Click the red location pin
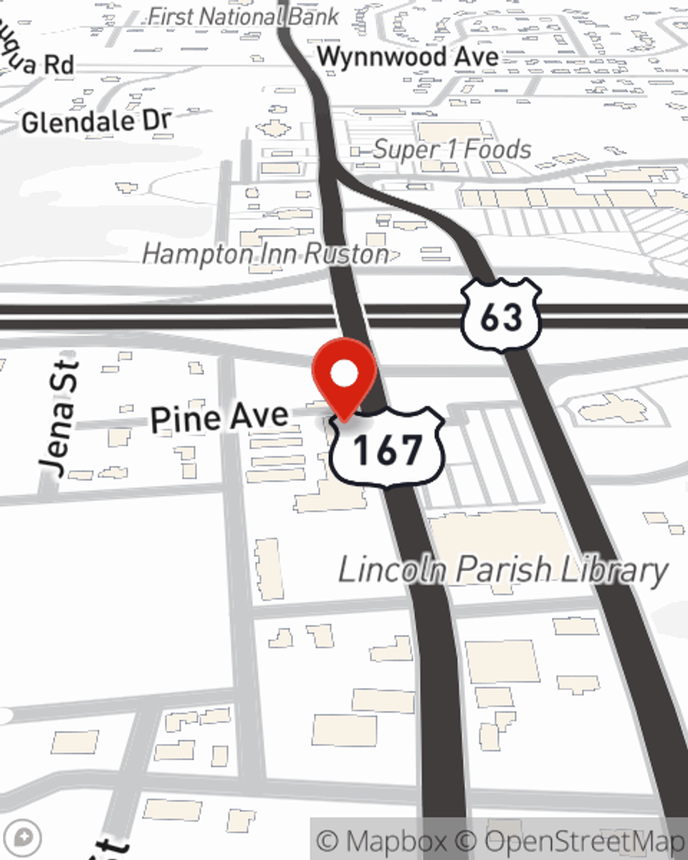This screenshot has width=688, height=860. tap(344, 375)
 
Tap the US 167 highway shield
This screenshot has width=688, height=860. tap(387, 448)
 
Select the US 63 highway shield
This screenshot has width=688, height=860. tap(501, 315)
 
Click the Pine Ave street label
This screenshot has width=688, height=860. tap(219, 418)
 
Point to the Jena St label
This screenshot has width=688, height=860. tap(58, 418)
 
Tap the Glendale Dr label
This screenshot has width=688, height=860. tap(96, 122)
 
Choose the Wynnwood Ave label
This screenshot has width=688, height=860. tap(407, 56)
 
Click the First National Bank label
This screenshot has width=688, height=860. tap(244, 17)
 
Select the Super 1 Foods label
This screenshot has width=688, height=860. tap(452, 149)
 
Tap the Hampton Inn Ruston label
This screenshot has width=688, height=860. tap(266, 255)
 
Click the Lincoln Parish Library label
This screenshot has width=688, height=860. tap(503, 570)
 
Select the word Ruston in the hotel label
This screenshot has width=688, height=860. tap(347, 255)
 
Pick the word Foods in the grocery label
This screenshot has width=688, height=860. tap(497, 149)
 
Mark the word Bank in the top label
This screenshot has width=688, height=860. tap(313, 17)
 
